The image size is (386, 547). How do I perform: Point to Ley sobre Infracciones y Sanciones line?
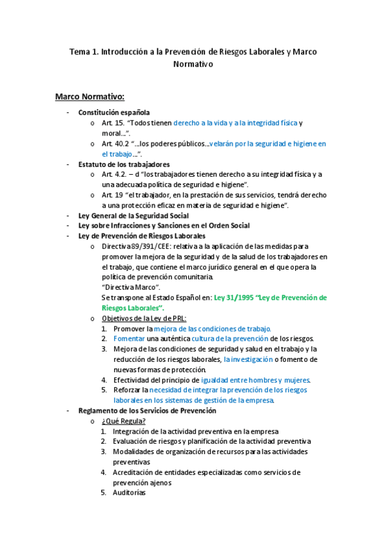[x=164, y=225]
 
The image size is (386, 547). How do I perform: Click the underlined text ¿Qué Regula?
[x=123, y=421]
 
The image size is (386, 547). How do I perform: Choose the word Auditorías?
[x=129, y=493]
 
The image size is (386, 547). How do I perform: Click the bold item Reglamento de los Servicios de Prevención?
[x=147, y=410]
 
